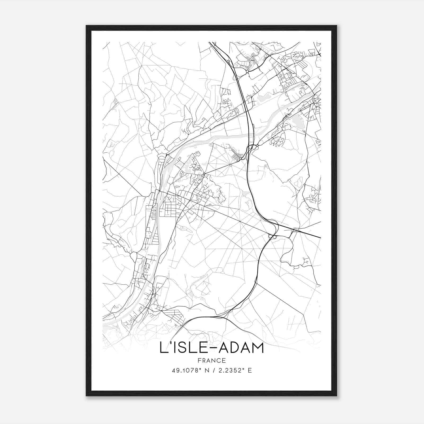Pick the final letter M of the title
[x=258, y=348]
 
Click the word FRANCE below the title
[x=211, y=361]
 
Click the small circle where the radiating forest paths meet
[x=231, y=165]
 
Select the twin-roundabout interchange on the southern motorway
[x=272, y=236]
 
